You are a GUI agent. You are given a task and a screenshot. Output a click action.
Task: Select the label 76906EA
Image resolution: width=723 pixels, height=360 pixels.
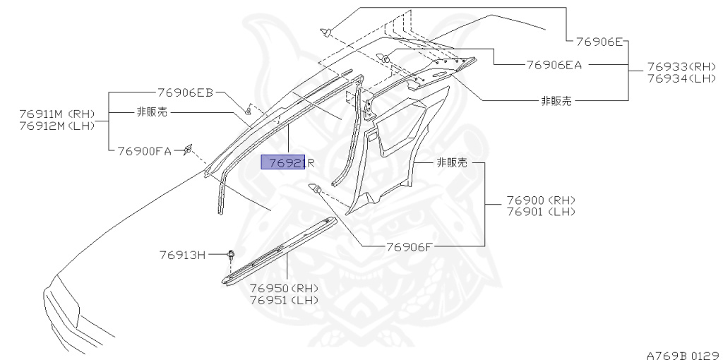point(554,64)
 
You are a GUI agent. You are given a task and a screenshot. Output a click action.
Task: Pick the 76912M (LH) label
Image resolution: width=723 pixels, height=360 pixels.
point(57,126)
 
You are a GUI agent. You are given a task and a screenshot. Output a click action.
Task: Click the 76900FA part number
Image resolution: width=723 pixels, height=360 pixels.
point(144,150)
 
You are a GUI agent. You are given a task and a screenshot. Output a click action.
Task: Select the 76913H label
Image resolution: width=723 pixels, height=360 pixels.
point(181,255)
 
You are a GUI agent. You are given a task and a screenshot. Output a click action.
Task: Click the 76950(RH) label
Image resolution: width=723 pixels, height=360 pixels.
point(284,288)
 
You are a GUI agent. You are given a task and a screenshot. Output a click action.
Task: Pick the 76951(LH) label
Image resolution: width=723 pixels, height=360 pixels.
point(284,299)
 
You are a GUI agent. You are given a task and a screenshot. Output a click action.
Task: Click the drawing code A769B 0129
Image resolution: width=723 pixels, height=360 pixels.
point(682,349)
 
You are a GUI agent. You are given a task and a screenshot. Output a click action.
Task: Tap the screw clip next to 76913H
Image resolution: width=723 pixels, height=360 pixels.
point(231,255)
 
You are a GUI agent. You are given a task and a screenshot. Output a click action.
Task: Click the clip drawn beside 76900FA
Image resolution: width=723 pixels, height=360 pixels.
point(189,148)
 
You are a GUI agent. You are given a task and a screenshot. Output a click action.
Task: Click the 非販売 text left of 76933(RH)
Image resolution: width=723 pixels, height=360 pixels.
point(556,100)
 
